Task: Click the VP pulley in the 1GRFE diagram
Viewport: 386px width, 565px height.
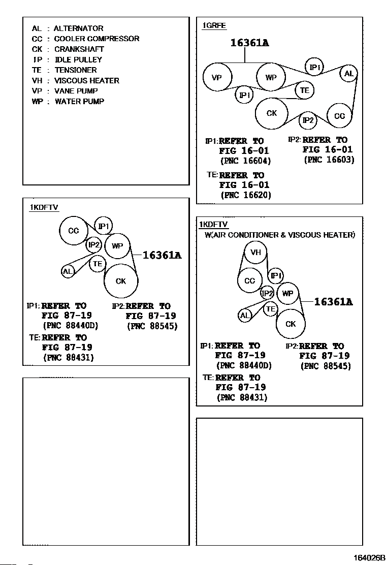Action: (x=217, y=77)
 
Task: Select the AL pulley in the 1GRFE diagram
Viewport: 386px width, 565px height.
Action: (x=348, y=74)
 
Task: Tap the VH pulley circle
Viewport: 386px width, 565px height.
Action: (x=255, y=252)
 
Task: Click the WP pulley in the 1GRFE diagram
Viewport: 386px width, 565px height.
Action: (x=271, y=77)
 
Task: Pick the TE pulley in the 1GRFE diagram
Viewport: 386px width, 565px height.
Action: (x=305, y=90)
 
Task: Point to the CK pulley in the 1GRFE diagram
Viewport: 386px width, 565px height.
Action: (x=272, y=113)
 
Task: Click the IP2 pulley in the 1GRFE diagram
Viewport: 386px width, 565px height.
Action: (x=308, y=120)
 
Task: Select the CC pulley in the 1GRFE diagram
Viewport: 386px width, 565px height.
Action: (x=340, y=116)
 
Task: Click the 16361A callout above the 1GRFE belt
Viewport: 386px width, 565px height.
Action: (x=249, y=43)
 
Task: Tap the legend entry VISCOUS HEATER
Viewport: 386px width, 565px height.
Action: (x=87, y=81)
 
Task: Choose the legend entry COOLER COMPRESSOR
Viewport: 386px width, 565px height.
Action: (x=96, y=39)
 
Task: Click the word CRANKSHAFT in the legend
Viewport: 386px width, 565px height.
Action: (x=79, y=49)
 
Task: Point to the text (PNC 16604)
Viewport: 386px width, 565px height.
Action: (x=246, y=161)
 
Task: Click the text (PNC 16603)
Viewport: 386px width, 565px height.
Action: (x=329, y=160)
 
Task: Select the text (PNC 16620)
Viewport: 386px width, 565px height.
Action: (x=246, y=195)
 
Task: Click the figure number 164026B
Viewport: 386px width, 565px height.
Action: (x=369, y=558)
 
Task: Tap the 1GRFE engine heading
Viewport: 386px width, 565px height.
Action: (x=214, y=25)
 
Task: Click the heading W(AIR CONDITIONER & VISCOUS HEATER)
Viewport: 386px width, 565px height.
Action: (x=280, y=235)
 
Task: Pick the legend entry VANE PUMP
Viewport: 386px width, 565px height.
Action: (x=76, y=91)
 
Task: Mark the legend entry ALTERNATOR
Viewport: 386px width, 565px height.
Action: (x=79, y=28)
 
